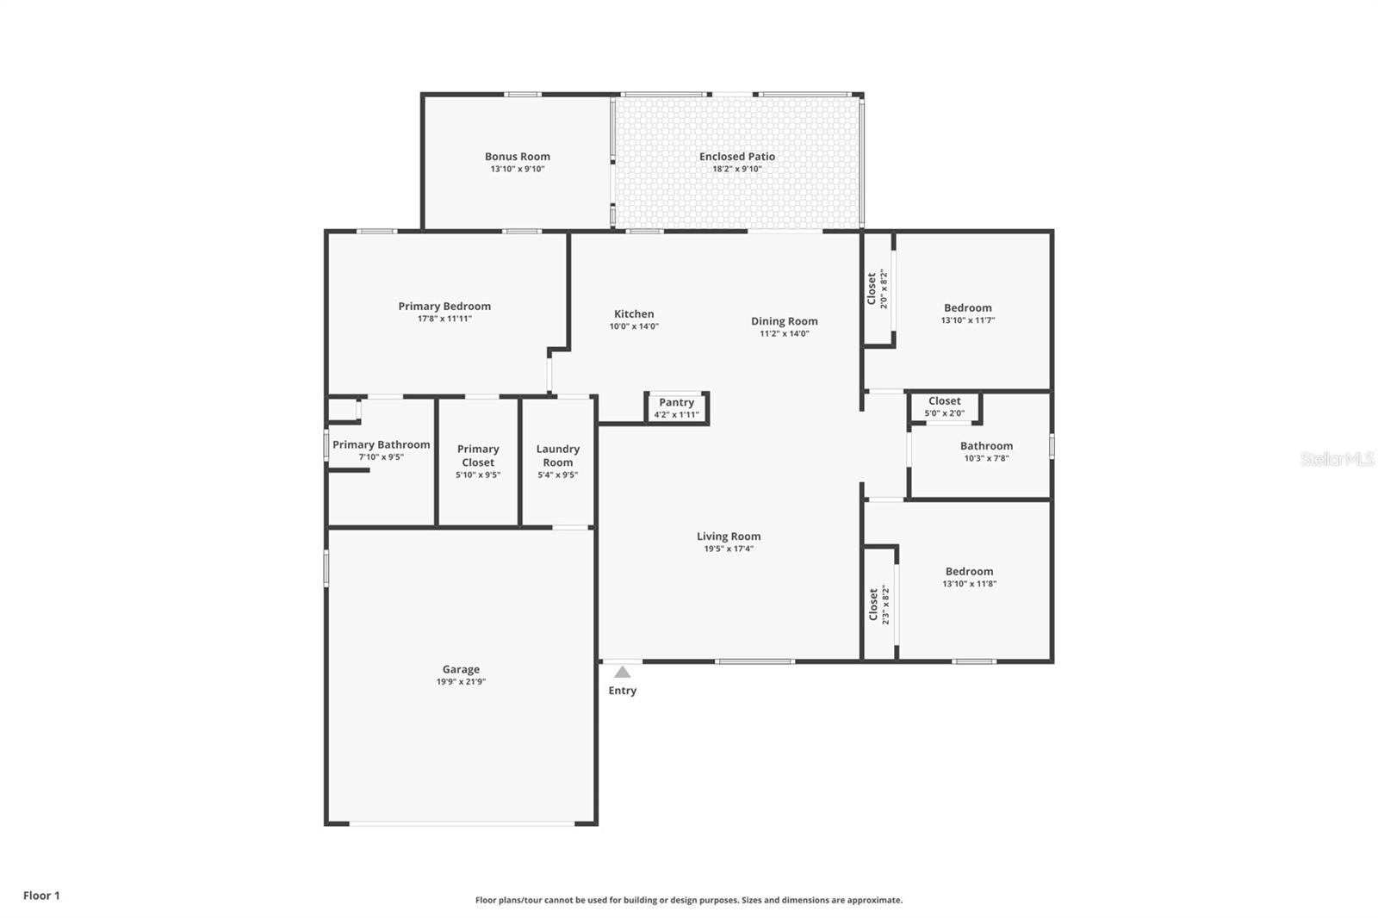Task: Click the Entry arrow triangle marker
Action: [622, 673]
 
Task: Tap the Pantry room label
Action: [676, 402]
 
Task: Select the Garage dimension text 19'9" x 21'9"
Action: [461, 682]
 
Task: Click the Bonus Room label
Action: [517, 157]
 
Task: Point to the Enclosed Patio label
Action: [736, 157]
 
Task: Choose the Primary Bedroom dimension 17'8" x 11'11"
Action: [444, 319]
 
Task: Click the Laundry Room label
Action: [557, 456]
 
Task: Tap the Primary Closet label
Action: [478, 456]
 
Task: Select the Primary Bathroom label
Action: [381, 444]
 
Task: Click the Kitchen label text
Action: [634, 313]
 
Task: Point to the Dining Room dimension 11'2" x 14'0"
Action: [784, 334]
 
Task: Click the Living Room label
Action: [729, 536]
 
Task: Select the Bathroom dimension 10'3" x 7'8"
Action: [986, 459]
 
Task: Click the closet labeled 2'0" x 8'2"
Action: [877, 288]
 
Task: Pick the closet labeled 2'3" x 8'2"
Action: [878, 604]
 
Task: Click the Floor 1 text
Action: [41, 896]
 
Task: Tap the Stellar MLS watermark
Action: [1337, 460]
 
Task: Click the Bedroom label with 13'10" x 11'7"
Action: [967, 307]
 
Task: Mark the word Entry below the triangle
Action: [622, 691]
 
